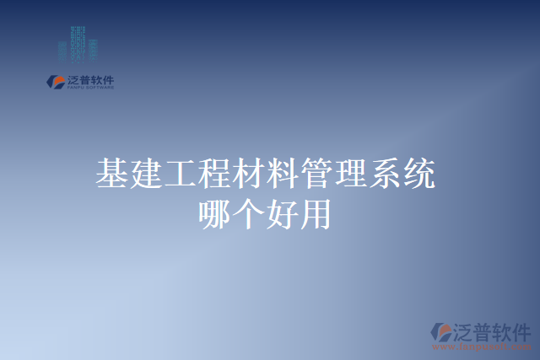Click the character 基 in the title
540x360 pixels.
[111, 174]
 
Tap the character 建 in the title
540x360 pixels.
[145, 174]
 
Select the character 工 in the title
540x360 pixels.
[180, 174]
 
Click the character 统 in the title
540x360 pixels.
[420, 174]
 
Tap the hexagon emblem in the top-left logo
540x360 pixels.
[55, 82]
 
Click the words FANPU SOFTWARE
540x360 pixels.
[89, 88]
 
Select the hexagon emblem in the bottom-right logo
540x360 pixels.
[440, 332]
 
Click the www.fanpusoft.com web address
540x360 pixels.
[481, 347]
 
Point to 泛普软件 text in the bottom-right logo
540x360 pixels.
[494, 329]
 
